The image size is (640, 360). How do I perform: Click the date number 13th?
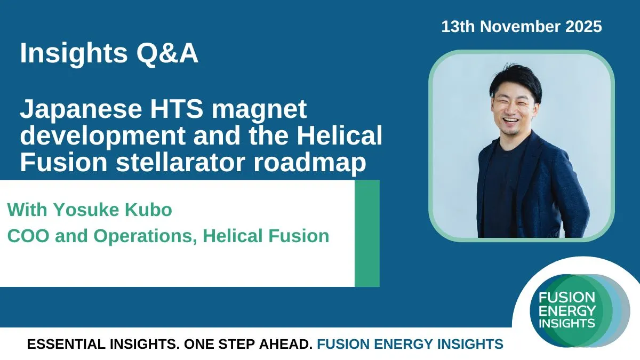coord(458,27)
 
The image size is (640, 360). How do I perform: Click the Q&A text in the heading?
coord(167,53)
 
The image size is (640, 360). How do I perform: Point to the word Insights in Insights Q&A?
coord(74,54)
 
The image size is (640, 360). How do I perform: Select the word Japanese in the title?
coord(81,110)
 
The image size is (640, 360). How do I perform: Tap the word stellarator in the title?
coord(180,162)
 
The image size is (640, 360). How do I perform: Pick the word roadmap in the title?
coord(310,163)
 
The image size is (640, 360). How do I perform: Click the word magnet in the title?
coord(259,110)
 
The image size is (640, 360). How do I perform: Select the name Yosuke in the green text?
coord(86,210)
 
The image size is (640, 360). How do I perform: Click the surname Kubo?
coord(148,210)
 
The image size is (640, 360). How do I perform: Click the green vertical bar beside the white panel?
coord(367,234)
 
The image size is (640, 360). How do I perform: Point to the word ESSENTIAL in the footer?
coord(66,344)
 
